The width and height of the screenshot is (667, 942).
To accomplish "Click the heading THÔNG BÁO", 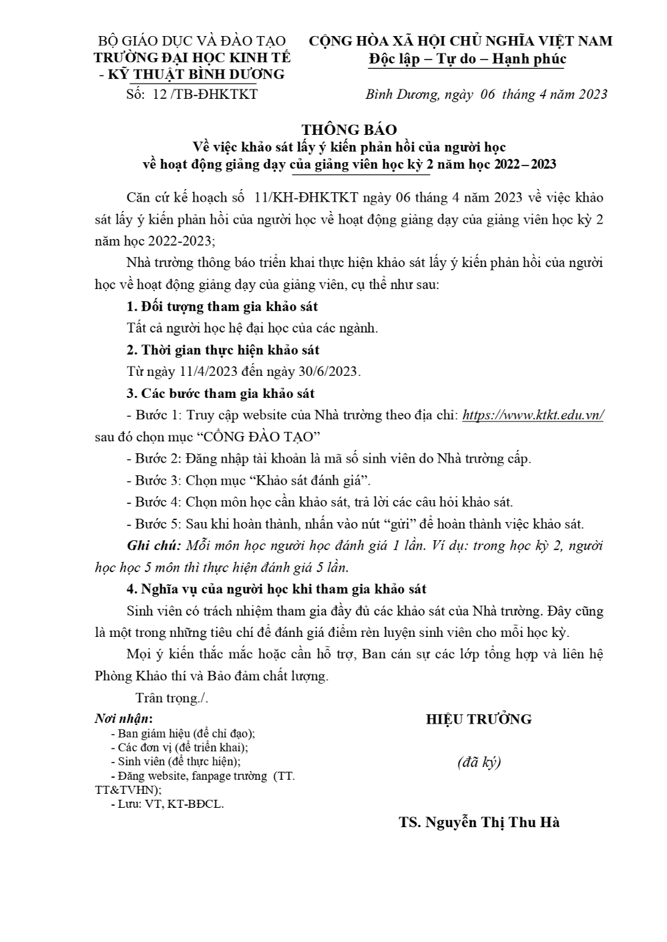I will pyautogui.click(x=349, y=130).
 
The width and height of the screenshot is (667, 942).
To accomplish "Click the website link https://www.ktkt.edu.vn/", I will pyautogui.click(x=533, y=415).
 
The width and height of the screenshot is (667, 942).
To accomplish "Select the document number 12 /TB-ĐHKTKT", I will pyautogui.click(x=205, y=94).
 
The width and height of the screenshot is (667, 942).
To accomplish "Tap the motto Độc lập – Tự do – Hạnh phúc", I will pyautogui.click(x=467, y=59).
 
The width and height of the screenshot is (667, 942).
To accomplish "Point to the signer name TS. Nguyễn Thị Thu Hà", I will pyautogui.click(x=479, y=822).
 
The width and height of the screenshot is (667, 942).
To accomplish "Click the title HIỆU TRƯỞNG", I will pyautogui.click(x=479, y=719).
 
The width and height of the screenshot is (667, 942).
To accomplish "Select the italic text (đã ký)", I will pyautogui.click(x=479, y=762).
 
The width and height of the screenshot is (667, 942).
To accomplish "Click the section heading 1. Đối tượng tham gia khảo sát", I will pyautogui.click(x=222, y=307).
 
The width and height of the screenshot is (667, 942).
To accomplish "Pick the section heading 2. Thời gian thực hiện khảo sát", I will pyautogui.click(x=223, y=350).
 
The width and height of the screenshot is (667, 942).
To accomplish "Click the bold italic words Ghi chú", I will pyautogui.click(x=154, y=545).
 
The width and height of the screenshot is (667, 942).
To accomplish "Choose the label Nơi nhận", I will pyautogui.click(x=124, y=719).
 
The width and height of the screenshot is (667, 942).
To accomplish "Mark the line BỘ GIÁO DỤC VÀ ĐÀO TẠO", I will pyautogui.click(x=192, y=41).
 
